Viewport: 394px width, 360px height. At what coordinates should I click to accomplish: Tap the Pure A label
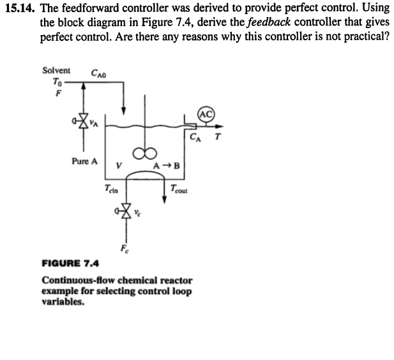(x=84, y=161)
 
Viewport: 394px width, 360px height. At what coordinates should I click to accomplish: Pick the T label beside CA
(x=220, y=136)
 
